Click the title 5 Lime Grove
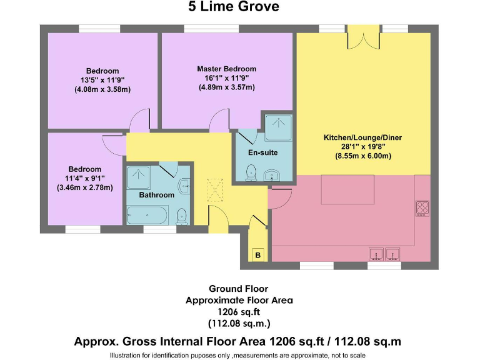pos(233,7)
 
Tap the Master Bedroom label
pos(226,69)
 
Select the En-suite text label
pos(262,152)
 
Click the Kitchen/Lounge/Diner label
pos(357,137)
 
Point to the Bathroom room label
pos(156,195)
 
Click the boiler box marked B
pos(257,255)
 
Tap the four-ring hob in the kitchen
pos(422,207)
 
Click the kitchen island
pos(347,189)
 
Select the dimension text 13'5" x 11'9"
pos(102,80)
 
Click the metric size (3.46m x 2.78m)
pos(85,187)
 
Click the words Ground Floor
pos(239,289)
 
